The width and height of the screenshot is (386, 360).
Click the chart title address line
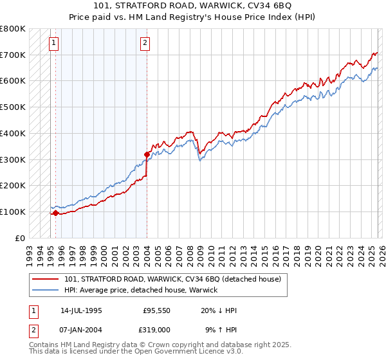click(193, 6)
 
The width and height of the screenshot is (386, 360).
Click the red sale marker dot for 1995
click(56, 213)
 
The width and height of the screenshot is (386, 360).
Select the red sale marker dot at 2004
click(147, 154)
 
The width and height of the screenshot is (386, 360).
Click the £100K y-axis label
click(13, 212)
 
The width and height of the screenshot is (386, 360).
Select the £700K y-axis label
click(13, 55)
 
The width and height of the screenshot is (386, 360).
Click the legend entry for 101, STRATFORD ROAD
click(172, 280)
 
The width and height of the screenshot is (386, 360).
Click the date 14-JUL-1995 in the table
click(81, 310)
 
